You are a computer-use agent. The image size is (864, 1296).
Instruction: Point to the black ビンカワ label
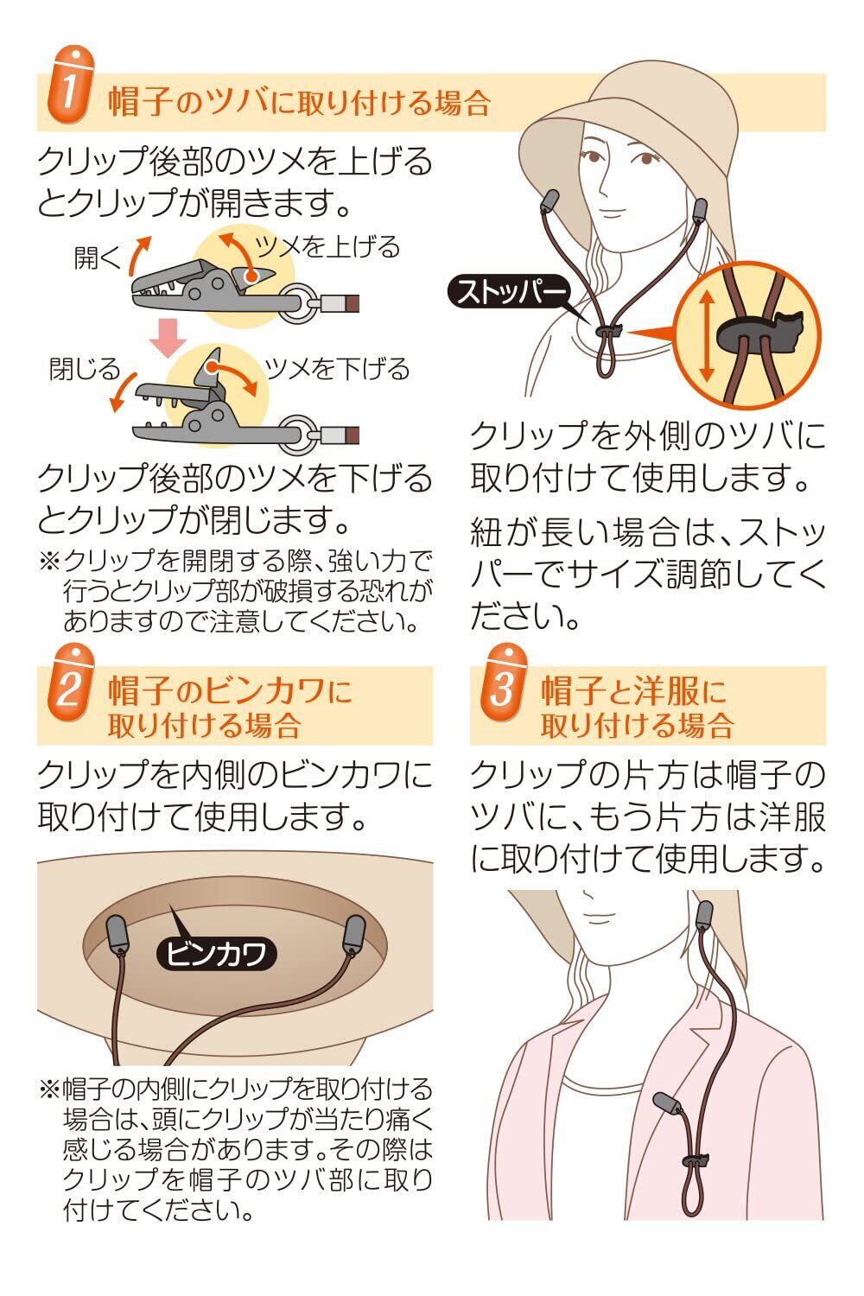tap(216, 953)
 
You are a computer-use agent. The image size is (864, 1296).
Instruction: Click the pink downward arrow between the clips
tap(167, 337)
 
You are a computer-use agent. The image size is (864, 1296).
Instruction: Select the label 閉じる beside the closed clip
tap(85, 370)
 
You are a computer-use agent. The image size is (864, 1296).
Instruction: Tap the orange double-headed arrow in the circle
tap(706, 336)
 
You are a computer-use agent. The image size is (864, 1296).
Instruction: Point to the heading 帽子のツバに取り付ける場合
tap(299, 103)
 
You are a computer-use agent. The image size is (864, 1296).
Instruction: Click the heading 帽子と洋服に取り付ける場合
tap(637, 708)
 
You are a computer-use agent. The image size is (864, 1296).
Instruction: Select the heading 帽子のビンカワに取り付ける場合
tap(230, 708)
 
